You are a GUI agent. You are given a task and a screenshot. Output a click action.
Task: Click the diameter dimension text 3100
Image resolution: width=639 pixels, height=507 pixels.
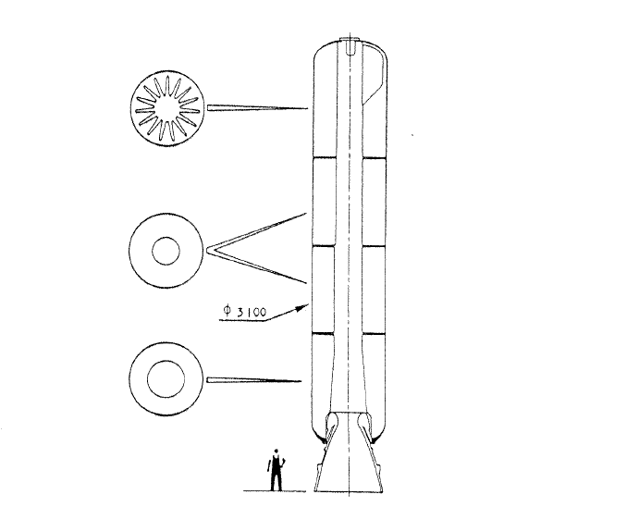click(252, 313)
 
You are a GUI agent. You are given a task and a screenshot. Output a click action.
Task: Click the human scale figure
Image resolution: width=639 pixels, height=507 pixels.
click(276, 470)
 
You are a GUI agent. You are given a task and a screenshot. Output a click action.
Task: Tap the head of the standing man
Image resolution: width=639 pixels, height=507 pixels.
click(276, 451)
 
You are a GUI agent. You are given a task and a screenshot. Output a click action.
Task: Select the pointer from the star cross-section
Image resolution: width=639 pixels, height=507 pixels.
click(257, 108)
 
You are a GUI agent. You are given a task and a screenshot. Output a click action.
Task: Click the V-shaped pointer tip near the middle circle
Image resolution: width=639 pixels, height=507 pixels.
click(209, 249)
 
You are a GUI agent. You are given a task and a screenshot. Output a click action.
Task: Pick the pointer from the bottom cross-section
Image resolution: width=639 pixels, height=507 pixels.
click(254, 380)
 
